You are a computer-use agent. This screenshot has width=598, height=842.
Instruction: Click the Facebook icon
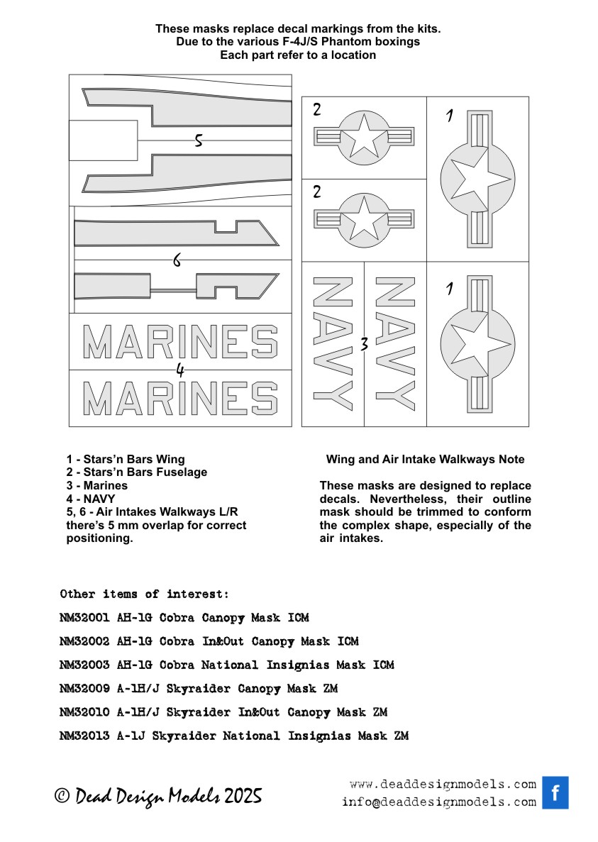tap(555, 792)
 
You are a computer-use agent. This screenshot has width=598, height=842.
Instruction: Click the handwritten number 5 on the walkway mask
tap(199, 140)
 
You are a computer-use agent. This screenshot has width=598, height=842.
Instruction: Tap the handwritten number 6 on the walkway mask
tap(177, 261)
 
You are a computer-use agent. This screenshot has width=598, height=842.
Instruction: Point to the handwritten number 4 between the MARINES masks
tap(180, 370)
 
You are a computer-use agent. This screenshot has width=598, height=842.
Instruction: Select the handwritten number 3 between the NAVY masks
tap(364, 345)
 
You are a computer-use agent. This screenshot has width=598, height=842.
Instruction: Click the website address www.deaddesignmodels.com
tap(443, 784)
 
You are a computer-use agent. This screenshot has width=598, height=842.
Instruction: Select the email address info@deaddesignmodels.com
tap(438, 802)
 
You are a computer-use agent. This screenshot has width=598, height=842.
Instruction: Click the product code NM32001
tap(84, 618)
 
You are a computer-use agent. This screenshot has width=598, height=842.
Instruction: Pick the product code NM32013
tap(84, 736)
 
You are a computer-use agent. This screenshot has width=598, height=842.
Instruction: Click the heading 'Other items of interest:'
tap(144, 594)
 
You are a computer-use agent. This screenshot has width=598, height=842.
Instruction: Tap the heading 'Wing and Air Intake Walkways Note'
tap(425, 460)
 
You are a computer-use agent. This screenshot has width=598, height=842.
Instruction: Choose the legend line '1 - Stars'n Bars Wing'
tap(125, 460)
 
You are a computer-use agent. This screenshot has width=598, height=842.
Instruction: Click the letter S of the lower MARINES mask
tap(263, 398)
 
